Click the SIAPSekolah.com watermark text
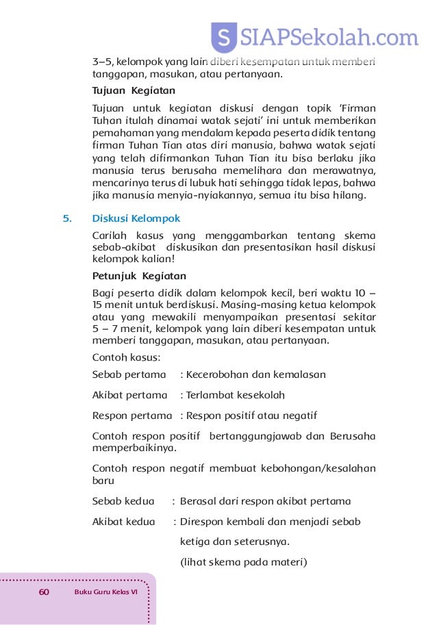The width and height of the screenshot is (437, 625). tap(329, 36)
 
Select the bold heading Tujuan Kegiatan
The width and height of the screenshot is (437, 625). tap(134, 90)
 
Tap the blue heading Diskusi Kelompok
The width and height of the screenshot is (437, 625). tap(136, 219)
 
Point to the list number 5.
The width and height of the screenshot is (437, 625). tap(66, 219)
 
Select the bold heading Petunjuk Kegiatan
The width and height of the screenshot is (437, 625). tap(139, 277)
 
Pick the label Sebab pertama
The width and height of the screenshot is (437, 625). tap(129, 375)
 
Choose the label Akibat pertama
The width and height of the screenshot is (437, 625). tap(129, 395)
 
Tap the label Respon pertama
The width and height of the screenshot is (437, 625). tap(132, 416)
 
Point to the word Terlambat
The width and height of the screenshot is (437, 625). tap(210, 395)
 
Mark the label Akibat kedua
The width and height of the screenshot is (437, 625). tap(124, 522)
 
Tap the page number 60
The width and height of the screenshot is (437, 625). tap(45, 591)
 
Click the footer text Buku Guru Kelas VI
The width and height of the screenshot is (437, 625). tap(106, 591)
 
